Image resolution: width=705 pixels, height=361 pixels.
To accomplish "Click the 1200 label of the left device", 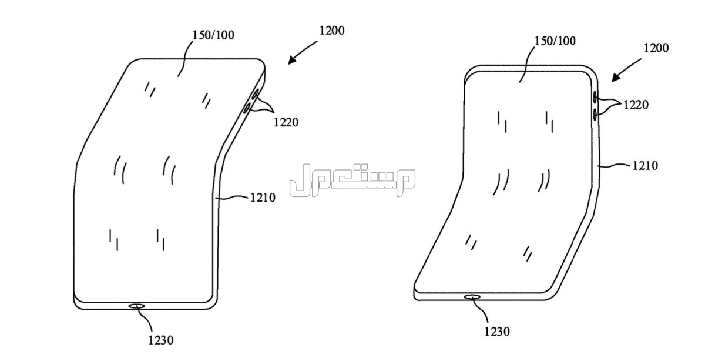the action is click(x=332, y=31).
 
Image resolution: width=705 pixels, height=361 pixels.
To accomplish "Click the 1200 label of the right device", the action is click(x=656, y=48).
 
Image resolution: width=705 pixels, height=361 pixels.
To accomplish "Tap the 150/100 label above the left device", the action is click(x=213, y=35).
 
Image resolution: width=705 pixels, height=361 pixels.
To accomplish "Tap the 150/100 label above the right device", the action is click(x=555, y=41).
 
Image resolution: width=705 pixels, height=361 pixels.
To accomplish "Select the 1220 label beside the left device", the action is click(x=286, y=122).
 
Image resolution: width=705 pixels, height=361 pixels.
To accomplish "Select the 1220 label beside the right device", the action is click(x=636, y=105).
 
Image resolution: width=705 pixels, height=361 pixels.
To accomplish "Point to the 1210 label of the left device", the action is click(x=263, y=198).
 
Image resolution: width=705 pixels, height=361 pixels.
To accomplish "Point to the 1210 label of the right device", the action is click(x=645, y=165).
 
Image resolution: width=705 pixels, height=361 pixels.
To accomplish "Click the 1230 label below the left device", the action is click(x=161, y=340).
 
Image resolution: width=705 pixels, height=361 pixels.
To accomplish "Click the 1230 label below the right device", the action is click(x=497, y=332).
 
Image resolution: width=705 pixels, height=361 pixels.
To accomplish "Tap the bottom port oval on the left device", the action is click(x=136, y=306).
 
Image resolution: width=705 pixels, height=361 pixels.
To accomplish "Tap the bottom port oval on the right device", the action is click(x=472, y=297).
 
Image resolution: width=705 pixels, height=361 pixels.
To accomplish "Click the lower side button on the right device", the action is click(x=595, y=115).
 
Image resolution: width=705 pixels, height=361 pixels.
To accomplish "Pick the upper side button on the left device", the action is click(x=255, y=94).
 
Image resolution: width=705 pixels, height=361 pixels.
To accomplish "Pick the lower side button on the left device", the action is click(x=246, y=109).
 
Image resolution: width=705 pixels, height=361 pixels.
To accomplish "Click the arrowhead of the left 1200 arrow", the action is click(x=291, y=61).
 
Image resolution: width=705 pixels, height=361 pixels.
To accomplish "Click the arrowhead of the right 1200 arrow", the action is click(x=616, y=78).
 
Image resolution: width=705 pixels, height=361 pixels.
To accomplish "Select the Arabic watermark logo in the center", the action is click(x=352, y=179).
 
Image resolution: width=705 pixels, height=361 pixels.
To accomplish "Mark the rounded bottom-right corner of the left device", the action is click(x=213, y=305).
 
